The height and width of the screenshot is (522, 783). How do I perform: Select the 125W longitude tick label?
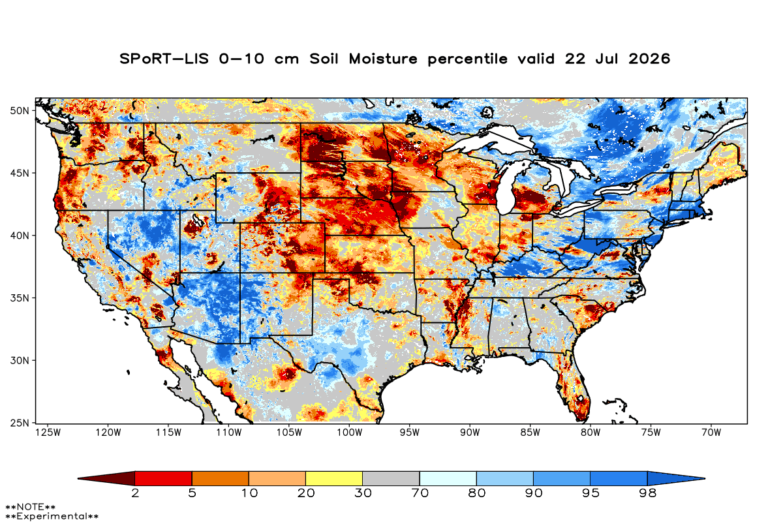48,433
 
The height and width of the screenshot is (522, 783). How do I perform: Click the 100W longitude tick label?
350,433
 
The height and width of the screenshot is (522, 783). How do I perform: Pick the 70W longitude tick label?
711,433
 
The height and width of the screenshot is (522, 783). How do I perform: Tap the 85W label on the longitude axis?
530,433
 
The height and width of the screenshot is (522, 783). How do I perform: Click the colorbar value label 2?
135,493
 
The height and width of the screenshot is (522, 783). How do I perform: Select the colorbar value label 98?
648,493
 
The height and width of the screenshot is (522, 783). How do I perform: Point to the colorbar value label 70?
420,493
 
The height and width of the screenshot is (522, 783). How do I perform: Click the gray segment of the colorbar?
391,478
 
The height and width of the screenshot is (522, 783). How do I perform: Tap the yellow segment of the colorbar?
334,478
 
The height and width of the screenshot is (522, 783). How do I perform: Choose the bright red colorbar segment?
164,478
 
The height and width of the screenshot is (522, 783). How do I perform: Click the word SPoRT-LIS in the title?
164,59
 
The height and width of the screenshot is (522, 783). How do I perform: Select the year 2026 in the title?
649,59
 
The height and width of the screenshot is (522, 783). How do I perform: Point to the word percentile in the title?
467,59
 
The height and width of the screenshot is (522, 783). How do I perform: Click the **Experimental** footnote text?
52,516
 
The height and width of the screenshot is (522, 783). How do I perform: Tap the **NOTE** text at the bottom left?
31,506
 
